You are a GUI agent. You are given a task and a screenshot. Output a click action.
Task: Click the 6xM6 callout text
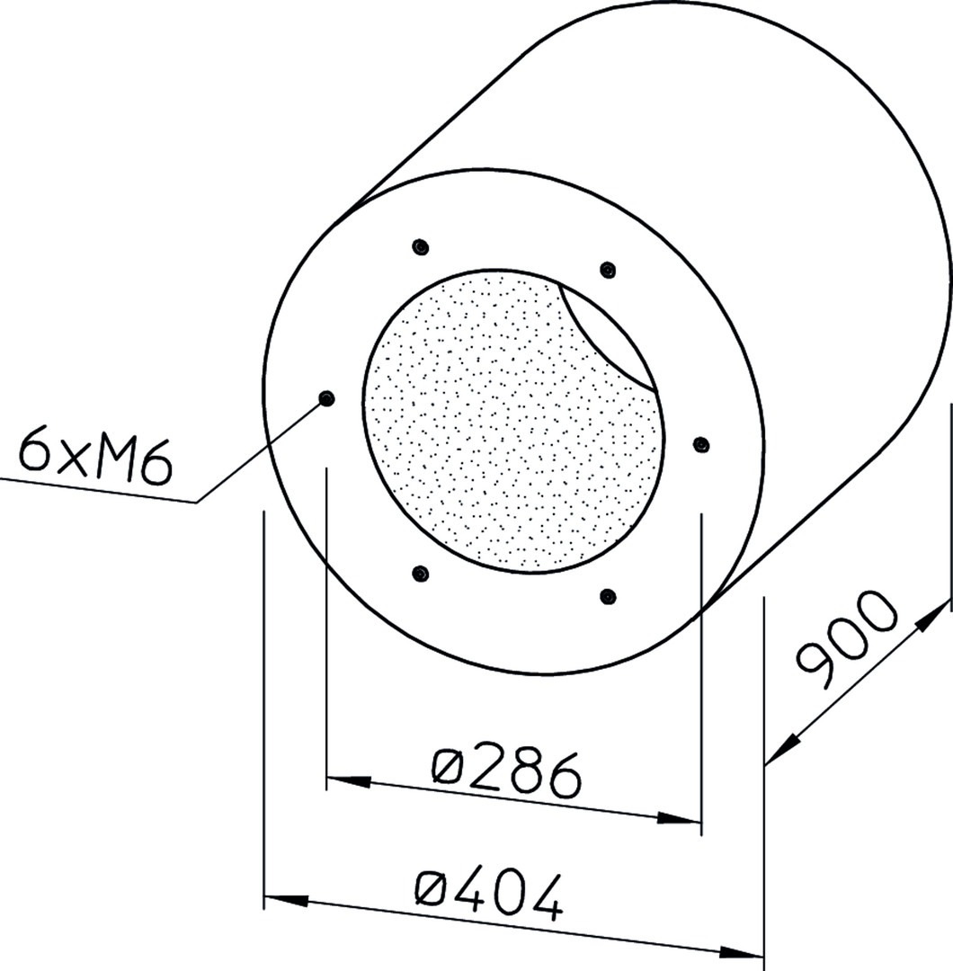tap(94, 457)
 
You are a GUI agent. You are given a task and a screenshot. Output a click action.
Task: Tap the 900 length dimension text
tap(846, 639)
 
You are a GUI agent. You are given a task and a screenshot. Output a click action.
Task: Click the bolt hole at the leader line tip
tap(325, 397)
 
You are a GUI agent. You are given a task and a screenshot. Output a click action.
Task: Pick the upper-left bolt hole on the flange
tap(421, 246)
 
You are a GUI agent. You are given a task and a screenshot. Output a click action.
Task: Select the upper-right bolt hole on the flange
tap(608, 270)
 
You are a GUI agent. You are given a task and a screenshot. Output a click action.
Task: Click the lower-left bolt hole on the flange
tap(421, 574)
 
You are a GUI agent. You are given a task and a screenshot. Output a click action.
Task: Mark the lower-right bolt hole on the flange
tap(608, 596)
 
